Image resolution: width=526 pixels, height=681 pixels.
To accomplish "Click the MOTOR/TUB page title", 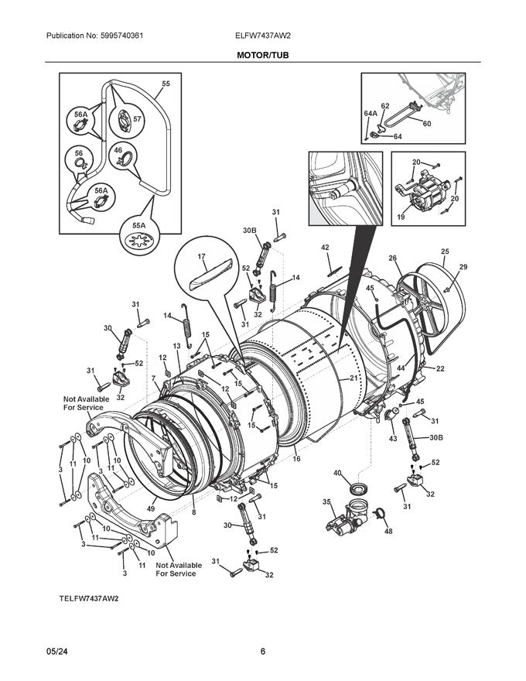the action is (x=262, y=55).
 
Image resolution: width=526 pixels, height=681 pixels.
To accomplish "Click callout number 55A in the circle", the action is (x=139, y=225).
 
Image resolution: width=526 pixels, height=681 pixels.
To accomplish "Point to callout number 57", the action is (x=137, y=118).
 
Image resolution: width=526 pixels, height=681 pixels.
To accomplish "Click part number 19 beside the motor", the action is (x=401, y=216).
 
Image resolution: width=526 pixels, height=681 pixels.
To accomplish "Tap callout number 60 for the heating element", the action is (x=427, y=124).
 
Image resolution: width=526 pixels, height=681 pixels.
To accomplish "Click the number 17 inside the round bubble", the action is (x=201, y=257).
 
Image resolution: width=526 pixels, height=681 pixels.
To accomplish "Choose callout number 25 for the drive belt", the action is (x=445, y=252).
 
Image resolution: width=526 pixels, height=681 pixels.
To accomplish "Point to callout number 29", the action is (x=463, y=267).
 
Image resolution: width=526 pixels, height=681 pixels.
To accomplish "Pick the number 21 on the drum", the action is (x=354, y=378).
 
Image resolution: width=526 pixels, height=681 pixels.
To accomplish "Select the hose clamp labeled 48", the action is (x=378, y=513).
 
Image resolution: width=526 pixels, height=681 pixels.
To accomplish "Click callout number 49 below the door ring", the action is (x=151, y=508).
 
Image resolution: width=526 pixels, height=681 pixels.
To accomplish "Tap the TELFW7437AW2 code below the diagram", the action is (x=89, y=598).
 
